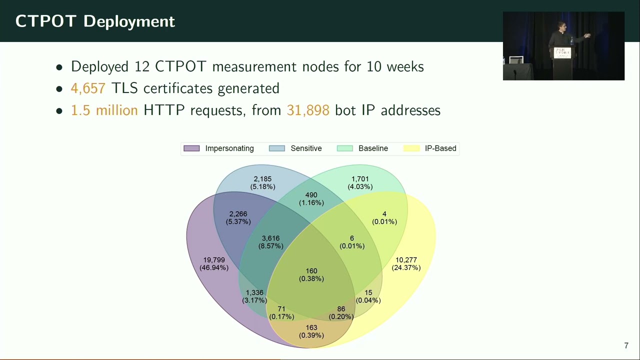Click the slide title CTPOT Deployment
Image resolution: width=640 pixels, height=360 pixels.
95,21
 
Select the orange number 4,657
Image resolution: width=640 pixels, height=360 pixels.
88,88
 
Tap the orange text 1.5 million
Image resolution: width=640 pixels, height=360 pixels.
104,110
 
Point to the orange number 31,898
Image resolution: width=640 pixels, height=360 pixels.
307,110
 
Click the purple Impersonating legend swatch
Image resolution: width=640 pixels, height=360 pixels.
191,148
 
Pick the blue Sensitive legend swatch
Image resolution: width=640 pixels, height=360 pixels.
276,148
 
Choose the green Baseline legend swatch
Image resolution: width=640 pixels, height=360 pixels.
344,148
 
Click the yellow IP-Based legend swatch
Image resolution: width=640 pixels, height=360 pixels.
411,148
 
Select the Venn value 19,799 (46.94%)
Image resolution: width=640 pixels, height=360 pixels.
214,264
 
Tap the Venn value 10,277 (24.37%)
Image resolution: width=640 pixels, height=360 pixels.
406,264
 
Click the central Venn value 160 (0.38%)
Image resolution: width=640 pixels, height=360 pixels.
311,275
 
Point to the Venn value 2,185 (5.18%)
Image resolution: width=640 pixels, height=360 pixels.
262,183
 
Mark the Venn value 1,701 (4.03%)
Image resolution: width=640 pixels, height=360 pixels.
360,183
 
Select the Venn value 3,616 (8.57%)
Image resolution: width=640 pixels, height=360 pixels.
270,242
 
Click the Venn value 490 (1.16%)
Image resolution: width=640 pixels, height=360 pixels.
311,199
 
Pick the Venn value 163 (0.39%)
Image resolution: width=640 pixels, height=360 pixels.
311,331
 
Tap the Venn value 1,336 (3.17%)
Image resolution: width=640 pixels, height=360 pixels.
254,296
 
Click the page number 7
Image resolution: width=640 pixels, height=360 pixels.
626,346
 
